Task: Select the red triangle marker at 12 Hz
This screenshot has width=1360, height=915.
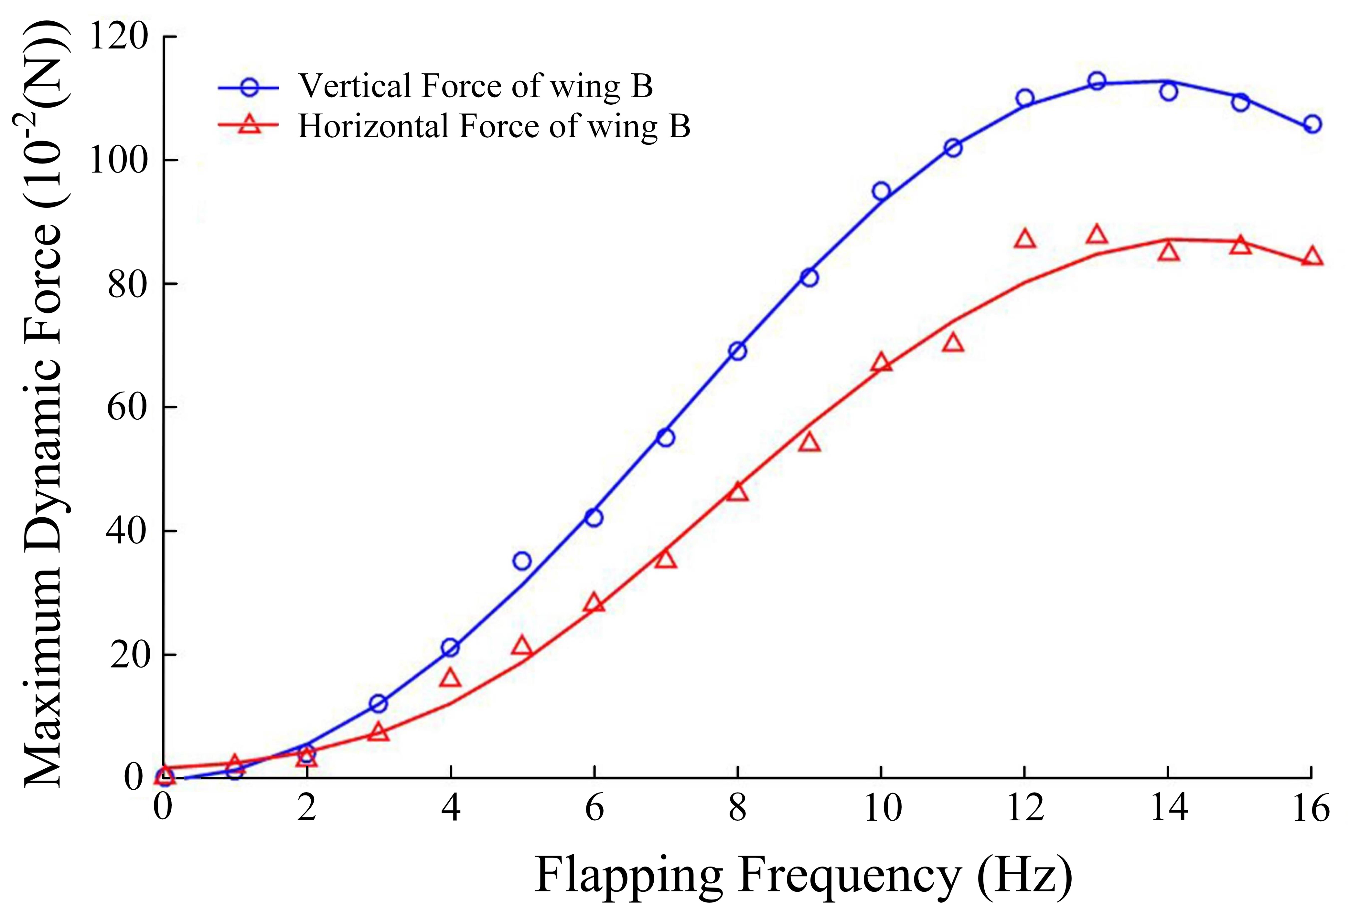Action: pos(1025,239)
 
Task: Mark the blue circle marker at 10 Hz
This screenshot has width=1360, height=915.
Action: pos(881,191)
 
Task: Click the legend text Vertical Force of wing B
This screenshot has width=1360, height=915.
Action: pos(476,86)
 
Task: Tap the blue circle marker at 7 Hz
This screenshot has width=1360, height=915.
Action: pos(665,437)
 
